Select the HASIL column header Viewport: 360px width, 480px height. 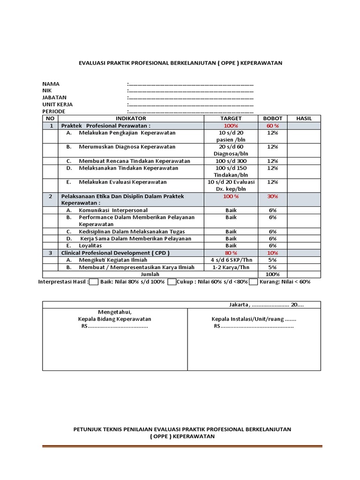coord(304,119)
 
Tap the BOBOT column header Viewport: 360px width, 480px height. coord(272,119)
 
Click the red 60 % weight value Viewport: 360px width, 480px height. coord(272,126)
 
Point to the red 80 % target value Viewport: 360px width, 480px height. coord(231,253)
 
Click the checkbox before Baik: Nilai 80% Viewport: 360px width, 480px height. coord(94,282)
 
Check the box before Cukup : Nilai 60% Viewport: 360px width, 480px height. coord(172,282)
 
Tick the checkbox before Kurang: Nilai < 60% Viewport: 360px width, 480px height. coord(254,282)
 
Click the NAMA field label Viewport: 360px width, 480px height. coord(51,83)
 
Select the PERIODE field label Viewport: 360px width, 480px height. coord(53,112)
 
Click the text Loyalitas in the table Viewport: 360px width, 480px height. coord(90,246)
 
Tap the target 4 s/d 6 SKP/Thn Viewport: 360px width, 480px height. coord(231,260)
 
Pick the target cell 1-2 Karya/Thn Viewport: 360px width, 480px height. coord(231,267)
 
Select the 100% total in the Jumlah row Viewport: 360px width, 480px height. coord(272,274)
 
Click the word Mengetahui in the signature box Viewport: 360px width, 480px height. coord(114,312)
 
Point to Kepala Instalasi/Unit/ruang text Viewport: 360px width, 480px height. coord(254,319)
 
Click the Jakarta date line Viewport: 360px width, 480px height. coord(266,305)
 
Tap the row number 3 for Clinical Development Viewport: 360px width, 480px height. coord(51,253)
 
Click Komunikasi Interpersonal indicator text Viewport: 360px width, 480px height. coord(113,210)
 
